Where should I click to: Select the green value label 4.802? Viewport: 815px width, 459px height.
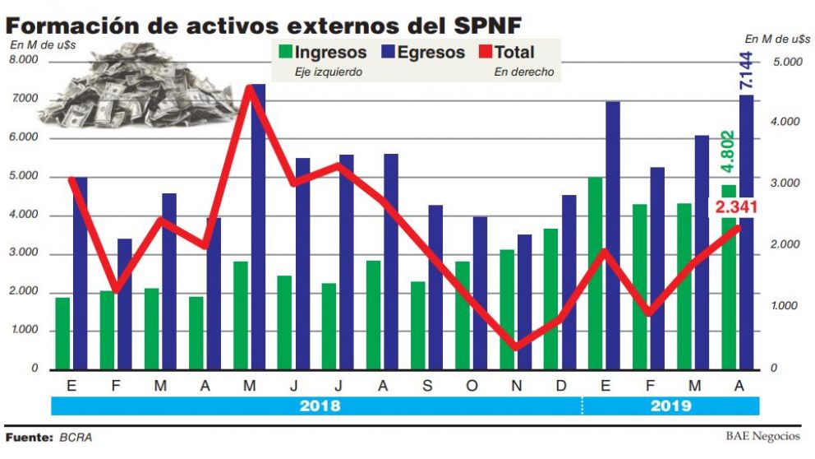[726, 151]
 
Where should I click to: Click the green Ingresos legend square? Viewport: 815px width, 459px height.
[285, 53]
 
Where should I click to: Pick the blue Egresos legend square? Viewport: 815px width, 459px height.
[388, 53]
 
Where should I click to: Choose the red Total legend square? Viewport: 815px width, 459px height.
[483, 53]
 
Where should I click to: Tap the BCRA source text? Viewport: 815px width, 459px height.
[76, 438]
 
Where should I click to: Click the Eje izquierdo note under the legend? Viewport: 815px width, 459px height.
[329, 72]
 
